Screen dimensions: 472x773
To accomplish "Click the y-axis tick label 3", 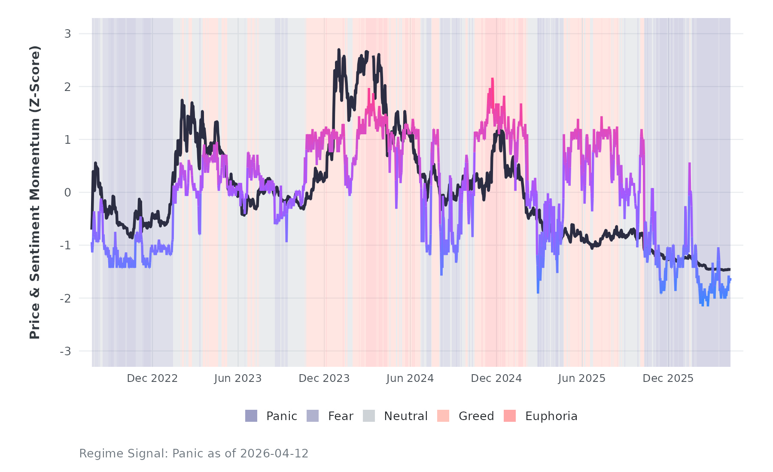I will (x=67, y=34).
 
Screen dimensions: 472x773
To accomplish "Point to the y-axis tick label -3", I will (x=65, y=351).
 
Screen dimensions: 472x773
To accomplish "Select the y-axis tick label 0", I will (x=67, y=193).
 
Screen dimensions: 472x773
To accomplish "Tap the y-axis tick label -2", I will (x=65, y=299).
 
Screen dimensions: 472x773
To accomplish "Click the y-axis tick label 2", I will (x=67, y=87).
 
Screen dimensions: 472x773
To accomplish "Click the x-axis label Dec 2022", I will (x=152, y=378).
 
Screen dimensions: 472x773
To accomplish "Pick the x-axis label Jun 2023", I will (x=238, y=378).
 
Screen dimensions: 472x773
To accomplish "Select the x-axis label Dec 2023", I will (x=324, y=378).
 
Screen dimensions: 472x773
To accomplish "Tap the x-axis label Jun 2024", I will (x=410, y=378).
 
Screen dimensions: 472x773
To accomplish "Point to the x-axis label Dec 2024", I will (x=496, y=378).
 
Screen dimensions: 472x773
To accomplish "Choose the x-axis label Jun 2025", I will (x=581, y=378).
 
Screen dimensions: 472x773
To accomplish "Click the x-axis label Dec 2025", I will (x=668, y=378).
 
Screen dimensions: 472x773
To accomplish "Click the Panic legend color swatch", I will (x=251, y=416).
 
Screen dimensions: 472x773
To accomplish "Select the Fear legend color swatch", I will (x=313, y=416).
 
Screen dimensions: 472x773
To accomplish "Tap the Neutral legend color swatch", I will (x=369, y=416).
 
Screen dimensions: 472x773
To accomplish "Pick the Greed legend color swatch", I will (x=443, y=416).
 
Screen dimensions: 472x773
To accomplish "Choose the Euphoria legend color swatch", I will (x=510, y=416).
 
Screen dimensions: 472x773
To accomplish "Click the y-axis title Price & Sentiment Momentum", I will (x=34, y=192).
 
